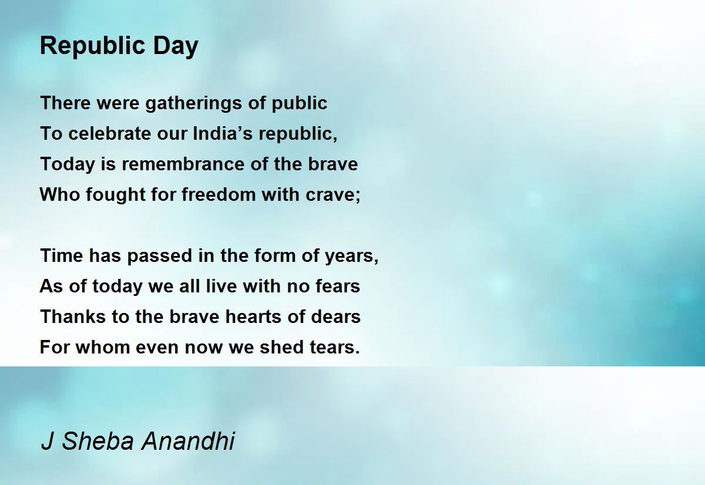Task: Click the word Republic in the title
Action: (x=93, y=46)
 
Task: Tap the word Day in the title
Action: (x=176, y=46)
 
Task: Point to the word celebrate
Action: (x=109, y=133)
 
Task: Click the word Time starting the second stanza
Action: (x=62, y=255)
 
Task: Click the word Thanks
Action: (x=73, y=316)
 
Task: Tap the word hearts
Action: (x=253, y=316)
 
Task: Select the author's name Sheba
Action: (x=98, y=440)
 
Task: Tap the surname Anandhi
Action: (x=188, y=440)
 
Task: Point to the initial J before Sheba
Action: (x=47, y=441)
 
